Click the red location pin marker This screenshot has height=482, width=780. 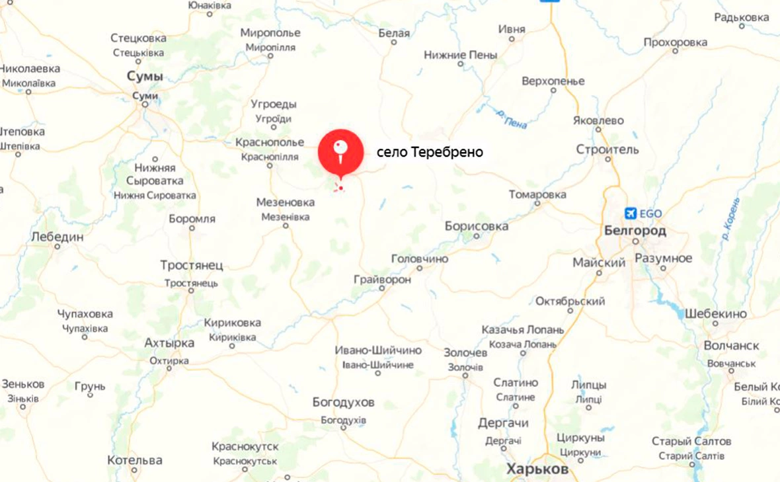click(340, 151)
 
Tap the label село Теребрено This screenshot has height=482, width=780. click(430, 153)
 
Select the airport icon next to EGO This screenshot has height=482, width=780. click(630, 213)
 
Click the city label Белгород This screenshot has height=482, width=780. click(635, 231)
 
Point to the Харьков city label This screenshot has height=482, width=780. click(537, 469)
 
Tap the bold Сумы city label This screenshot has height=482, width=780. click(145, 77)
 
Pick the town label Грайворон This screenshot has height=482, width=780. click(382, 280)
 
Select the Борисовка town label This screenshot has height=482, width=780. click(477, 226)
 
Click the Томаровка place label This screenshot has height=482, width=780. click(537, 194)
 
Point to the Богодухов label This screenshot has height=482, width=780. click(343, 402)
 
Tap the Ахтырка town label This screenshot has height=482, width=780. click(169, 343)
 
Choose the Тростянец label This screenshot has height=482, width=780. click(192, 265)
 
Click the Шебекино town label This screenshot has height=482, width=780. click(715, 313)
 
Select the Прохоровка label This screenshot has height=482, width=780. click(675, 42)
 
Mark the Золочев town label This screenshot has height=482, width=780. click(465, 353)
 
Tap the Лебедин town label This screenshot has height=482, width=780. click(58, 237)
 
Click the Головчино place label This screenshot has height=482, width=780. click(420, 259)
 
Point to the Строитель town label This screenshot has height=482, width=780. click(607, 149)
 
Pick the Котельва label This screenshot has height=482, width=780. click(134, 460)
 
